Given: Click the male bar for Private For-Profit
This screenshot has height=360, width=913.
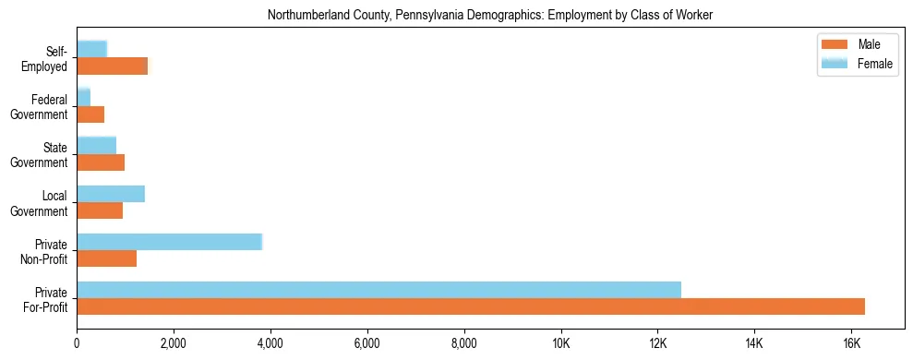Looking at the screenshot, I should tap(471, 306).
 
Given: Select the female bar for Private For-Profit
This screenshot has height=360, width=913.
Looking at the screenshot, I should tap(378, 290).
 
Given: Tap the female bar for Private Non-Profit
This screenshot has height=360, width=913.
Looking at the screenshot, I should tap(169, 242).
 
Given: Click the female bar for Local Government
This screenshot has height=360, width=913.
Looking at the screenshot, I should tap(111, 194).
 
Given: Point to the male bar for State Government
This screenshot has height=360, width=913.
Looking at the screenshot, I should tap(101, 162).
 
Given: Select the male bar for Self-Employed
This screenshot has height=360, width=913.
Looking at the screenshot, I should tap(112, 66).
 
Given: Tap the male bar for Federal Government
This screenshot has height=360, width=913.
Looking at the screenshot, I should tap(90, 114).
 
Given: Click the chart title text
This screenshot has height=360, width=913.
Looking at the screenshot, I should tap(490, 16).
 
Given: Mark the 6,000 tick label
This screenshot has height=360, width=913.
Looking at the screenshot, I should tap(367, 343).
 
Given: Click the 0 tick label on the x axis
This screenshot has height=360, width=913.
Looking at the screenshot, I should tap(77, 343).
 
